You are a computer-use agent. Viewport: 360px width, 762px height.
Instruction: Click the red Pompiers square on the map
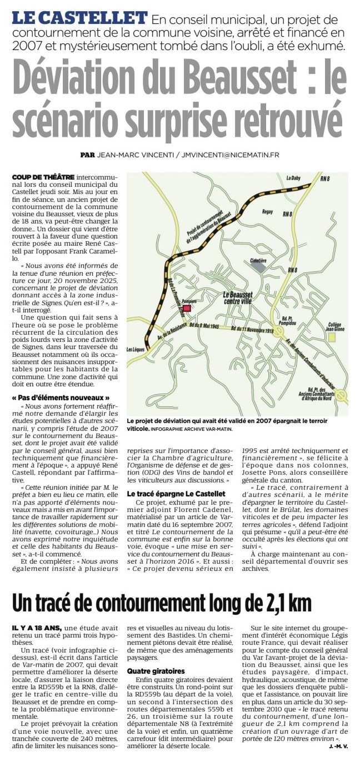coord(187,307)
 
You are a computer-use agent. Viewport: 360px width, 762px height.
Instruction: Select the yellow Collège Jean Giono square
coord(332,337)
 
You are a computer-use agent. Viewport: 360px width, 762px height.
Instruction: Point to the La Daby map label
coord(292,178)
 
